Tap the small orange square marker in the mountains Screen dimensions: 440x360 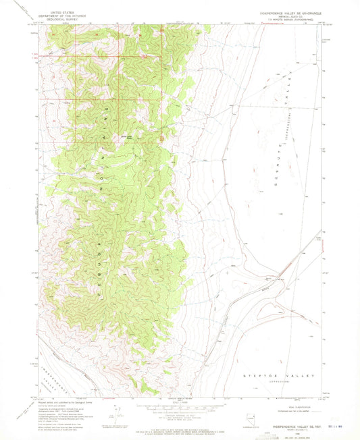coord(161,139)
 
